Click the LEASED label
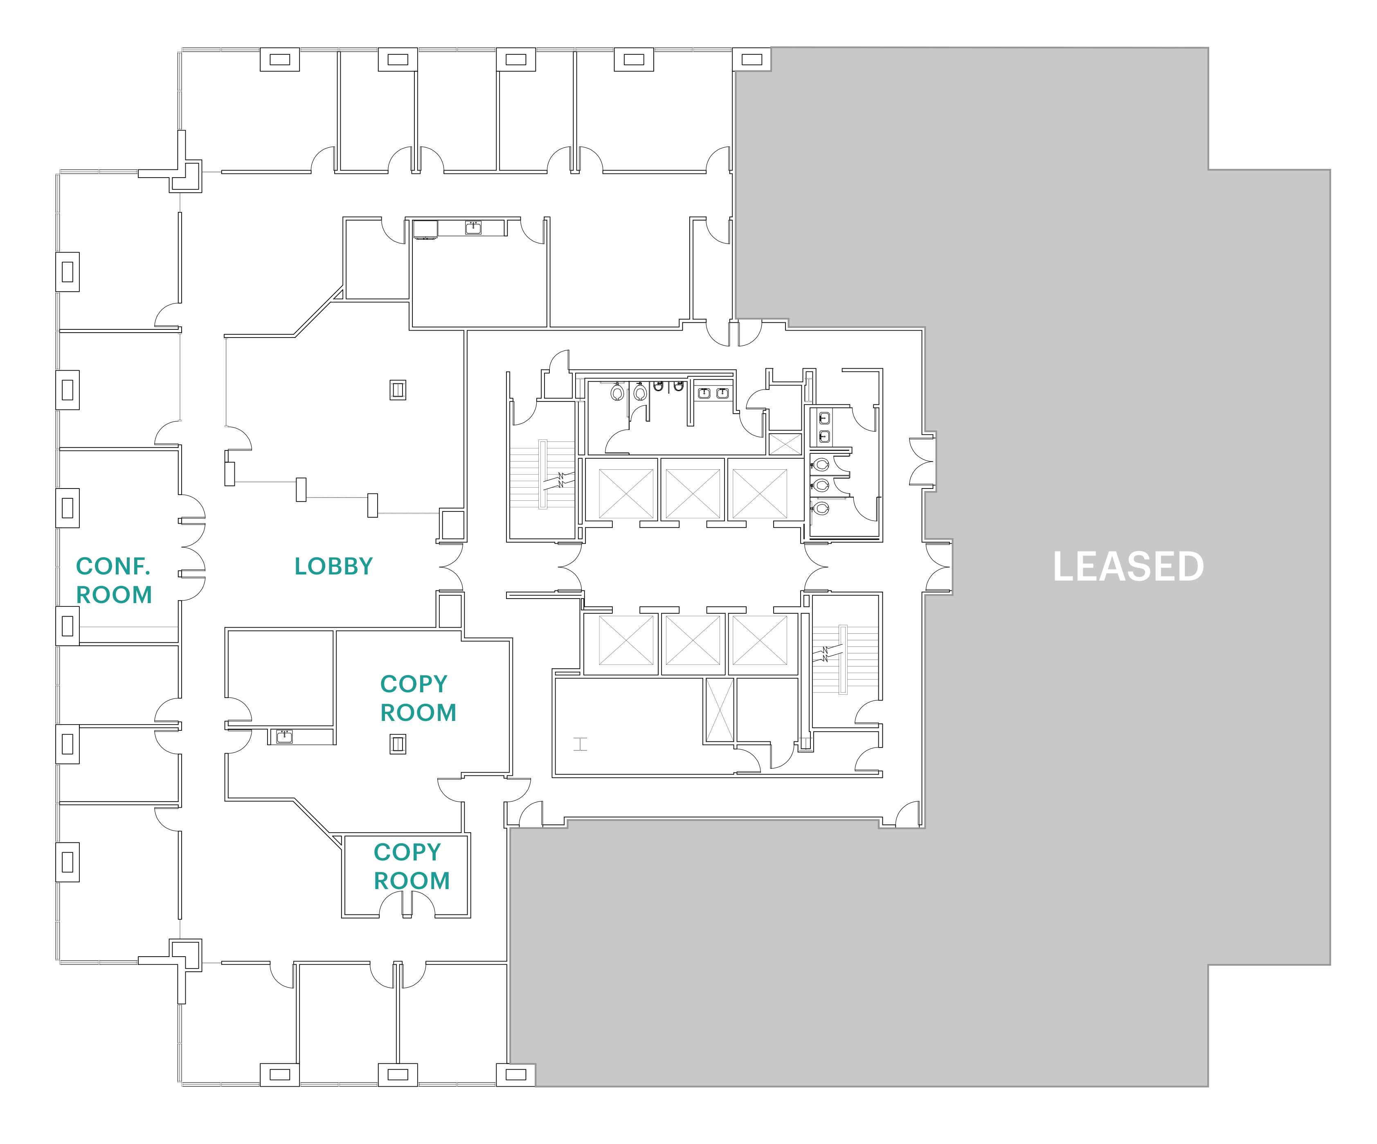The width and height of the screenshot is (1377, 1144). click(x=1128, y=567)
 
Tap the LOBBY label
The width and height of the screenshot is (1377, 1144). click(x=333, y=566)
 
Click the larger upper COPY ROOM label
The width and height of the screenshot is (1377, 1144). click(x=418, y=698)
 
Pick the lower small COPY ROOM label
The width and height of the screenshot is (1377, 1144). click(x=411, y=866)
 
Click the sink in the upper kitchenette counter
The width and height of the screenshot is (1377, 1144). click(x=473, y=227)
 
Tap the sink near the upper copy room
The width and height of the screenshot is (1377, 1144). click(x=284, y=736)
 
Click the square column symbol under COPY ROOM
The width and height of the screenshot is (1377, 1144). click(x=397, y=744)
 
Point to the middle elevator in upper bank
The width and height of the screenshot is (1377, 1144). click(x=693, y=493)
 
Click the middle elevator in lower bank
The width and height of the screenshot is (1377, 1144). click(x=693, y=641)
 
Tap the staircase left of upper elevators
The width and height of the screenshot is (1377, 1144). click(x=542, y=474)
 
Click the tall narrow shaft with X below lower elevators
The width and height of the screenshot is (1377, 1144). click(x=719, y=710)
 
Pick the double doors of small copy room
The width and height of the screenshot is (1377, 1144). click(x=407, y=904)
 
